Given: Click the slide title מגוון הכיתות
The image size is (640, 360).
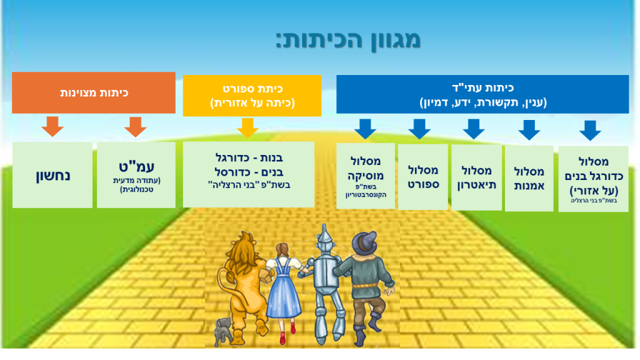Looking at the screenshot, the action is pyautogui.click(x=348, y=40).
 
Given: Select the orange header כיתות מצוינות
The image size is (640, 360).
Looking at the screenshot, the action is pyautogui.click(x=94, y=92).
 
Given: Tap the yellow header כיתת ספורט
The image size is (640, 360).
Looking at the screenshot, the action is pyautogui.click(x=252, y=96).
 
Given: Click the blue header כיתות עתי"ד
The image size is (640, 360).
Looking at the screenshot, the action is pyautogui.click(x=482, y=94).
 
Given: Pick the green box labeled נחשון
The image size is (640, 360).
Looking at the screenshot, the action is pyautogui.click(x=52, y=175).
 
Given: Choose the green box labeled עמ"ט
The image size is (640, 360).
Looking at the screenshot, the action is pyautogui.click(x=136, y=175).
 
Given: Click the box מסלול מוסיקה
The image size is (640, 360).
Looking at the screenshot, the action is pyautogui.click(x=366, y=176).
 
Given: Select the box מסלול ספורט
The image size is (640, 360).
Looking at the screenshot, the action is pyautogui.click(x=423, y=177).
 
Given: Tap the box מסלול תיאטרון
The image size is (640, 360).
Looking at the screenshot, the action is pyautogui.click(x=477, y=177).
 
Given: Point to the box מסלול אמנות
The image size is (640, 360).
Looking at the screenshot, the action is pyautogui.click(x=529, y=178).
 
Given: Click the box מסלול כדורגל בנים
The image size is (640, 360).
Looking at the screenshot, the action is pyautogui.click(x=594, y=179).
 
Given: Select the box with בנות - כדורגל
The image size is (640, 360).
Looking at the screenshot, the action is pyautogui.click(x=249, y=174).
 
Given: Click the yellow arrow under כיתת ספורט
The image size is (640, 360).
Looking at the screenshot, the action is pyautogui.click(x=247, y=128).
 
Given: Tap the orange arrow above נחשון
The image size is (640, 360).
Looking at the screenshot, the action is pyautogui.click(x=52, y=126).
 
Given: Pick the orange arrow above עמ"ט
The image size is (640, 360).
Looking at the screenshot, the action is pyautogui.click(x=136, y=127).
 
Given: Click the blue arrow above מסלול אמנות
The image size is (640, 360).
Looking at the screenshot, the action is pyautogui.click(x=529, y=130).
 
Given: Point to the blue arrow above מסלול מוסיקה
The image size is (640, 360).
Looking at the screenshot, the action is pyautogui.click(x=365, y=129).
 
